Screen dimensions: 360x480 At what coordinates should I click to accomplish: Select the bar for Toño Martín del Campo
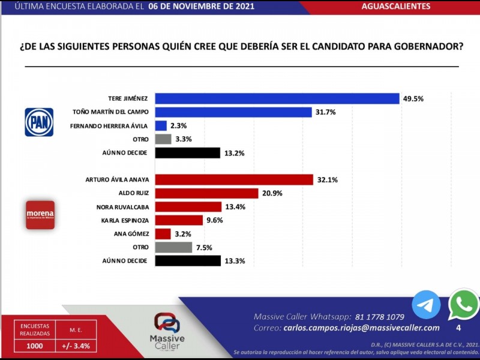click(x=233, y=112)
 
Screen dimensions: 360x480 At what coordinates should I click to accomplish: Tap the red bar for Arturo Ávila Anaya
click(x=234, y=179)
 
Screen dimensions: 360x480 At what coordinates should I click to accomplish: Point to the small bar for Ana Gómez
click(x=162, y=233)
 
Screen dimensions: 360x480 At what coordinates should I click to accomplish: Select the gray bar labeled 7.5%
click(x=173, y=247)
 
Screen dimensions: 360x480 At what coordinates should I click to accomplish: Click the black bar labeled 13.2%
click(x=187, y=152)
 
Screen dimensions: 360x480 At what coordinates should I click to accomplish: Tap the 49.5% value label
click(x=414, y=98)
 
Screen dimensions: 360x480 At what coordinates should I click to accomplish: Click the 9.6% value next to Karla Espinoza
click(x=215, y=220)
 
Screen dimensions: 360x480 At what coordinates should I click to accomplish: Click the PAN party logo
click(x=39, y=122)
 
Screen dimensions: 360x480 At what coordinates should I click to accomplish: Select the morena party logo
click(x=40, y=215)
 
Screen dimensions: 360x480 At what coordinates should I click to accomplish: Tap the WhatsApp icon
click(x=464, y=305)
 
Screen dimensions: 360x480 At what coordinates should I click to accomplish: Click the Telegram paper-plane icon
click(x=426, y=305)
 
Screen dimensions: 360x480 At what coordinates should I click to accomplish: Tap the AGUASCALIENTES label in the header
click(x=396, y=7)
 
